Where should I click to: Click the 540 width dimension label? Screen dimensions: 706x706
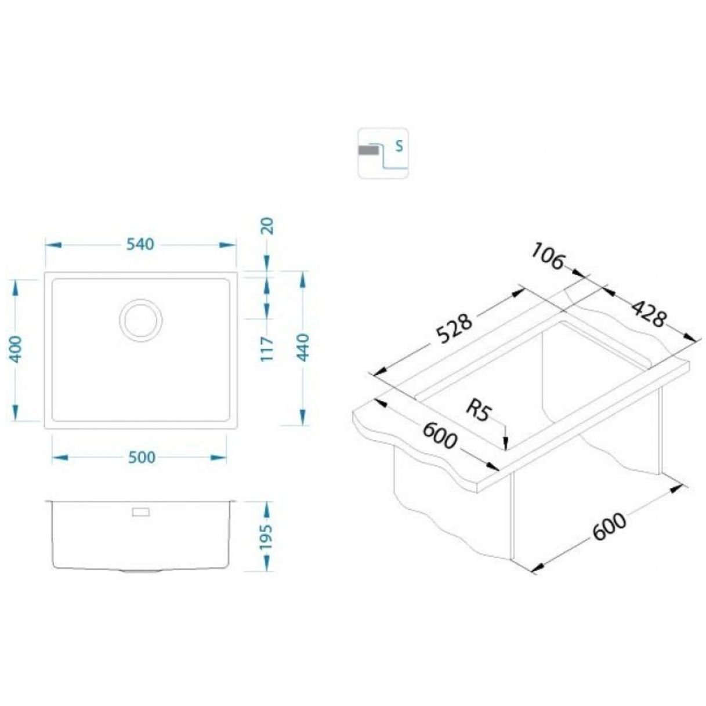coord(140,244)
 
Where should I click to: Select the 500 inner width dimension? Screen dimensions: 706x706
coord(142,457)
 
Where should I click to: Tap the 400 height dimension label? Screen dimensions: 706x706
coord(16,350)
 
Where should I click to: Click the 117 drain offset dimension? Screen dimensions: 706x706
coord(267,349)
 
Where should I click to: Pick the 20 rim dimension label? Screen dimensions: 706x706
coord(268,226)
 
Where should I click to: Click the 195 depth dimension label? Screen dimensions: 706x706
coord(266,537)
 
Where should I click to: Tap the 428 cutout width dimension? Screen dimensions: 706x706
coord(647,313)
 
